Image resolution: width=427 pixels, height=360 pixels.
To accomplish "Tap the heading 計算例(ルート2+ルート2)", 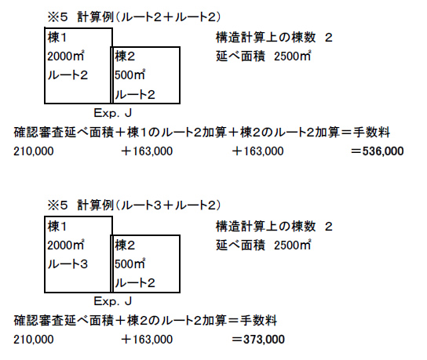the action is (149, 17).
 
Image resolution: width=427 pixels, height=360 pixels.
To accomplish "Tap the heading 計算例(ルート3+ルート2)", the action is (149, 205).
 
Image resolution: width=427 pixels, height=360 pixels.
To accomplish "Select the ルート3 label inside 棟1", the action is (68, 264).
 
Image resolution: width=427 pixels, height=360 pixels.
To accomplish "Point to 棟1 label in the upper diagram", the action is (57, 38).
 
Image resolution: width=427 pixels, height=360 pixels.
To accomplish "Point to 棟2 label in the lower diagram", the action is (125, 245).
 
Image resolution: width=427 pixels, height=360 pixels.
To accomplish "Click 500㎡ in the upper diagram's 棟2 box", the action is (130, 75).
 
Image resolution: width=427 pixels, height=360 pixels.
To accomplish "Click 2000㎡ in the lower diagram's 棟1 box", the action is (66, 245).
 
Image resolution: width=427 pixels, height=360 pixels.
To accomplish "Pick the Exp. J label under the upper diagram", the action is (113, 113).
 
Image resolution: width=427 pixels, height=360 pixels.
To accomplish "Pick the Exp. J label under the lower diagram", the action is (113, 301).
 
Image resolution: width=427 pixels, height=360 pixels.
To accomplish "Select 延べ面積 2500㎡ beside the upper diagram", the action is (263, 56).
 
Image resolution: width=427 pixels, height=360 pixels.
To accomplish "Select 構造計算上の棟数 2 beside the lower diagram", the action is (274, 227).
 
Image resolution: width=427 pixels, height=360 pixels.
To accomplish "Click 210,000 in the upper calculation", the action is (34, 151).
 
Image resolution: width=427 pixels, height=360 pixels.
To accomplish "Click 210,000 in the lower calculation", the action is (34, 340).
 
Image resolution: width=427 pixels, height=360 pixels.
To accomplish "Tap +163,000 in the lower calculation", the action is (147, 340).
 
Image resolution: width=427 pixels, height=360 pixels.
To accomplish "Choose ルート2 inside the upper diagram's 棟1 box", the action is (68, 75).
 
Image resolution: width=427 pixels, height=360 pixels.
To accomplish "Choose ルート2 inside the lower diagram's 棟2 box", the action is (135, 283).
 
